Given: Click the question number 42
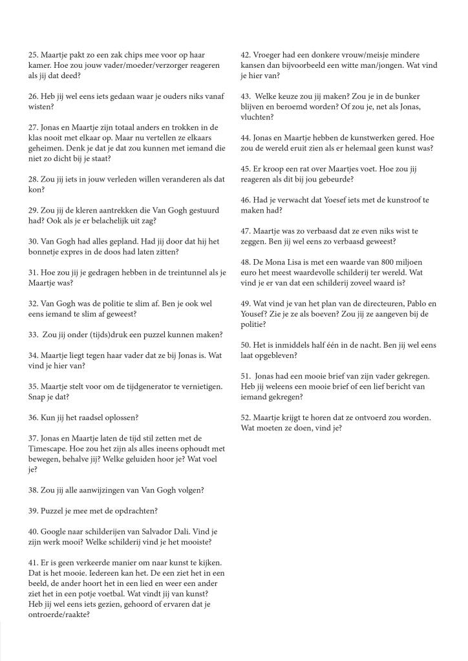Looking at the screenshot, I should click(246, 55).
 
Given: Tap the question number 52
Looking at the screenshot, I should click(246, 417).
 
